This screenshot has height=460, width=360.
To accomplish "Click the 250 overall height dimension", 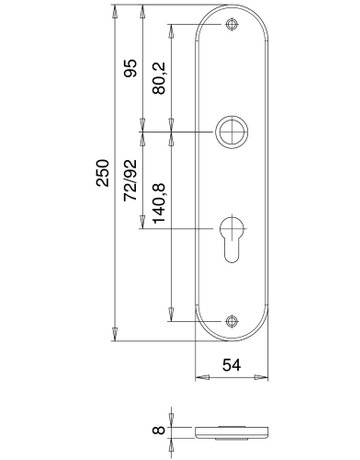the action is [103, 173].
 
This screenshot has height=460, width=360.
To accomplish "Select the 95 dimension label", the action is [130, 68].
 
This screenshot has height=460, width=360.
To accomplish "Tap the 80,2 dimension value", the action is [159, 78].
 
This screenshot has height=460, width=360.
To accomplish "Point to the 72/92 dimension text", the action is [130, 180].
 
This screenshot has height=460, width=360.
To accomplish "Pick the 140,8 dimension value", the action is [159, 203].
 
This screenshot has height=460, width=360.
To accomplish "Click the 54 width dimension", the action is [231, 365].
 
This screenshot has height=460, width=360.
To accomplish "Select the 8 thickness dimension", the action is [159, 430].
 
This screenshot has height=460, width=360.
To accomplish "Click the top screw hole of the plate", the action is [231, 24].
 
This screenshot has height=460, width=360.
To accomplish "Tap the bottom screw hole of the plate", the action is [231, 321].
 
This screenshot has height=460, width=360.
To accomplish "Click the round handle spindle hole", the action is [231, 132].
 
